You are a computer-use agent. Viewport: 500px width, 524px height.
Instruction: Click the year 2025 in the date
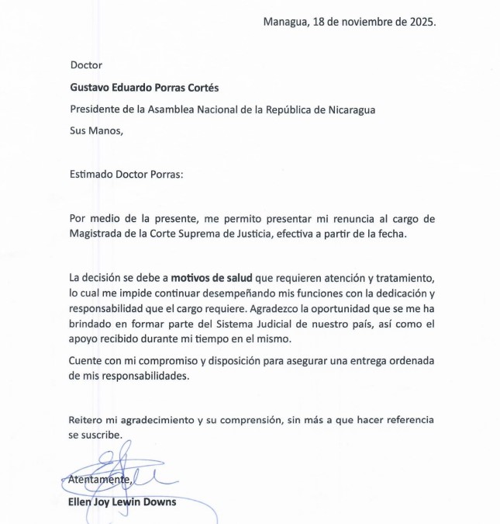(420, 21)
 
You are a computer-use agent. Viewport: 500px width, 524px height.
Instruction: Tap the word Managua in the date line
(285, 22)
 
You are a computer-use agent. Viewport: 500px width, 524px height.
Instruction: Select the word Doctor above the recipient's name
(86, 65)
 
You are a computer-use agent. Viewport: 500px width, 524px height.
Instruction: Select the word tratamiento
(402, 278)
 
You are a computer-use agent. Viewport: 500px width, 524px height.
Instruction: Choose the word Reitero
(87, 420)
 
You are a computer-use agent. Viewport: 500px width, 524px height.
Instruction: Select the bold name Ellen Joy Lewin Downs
(122, 501)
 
